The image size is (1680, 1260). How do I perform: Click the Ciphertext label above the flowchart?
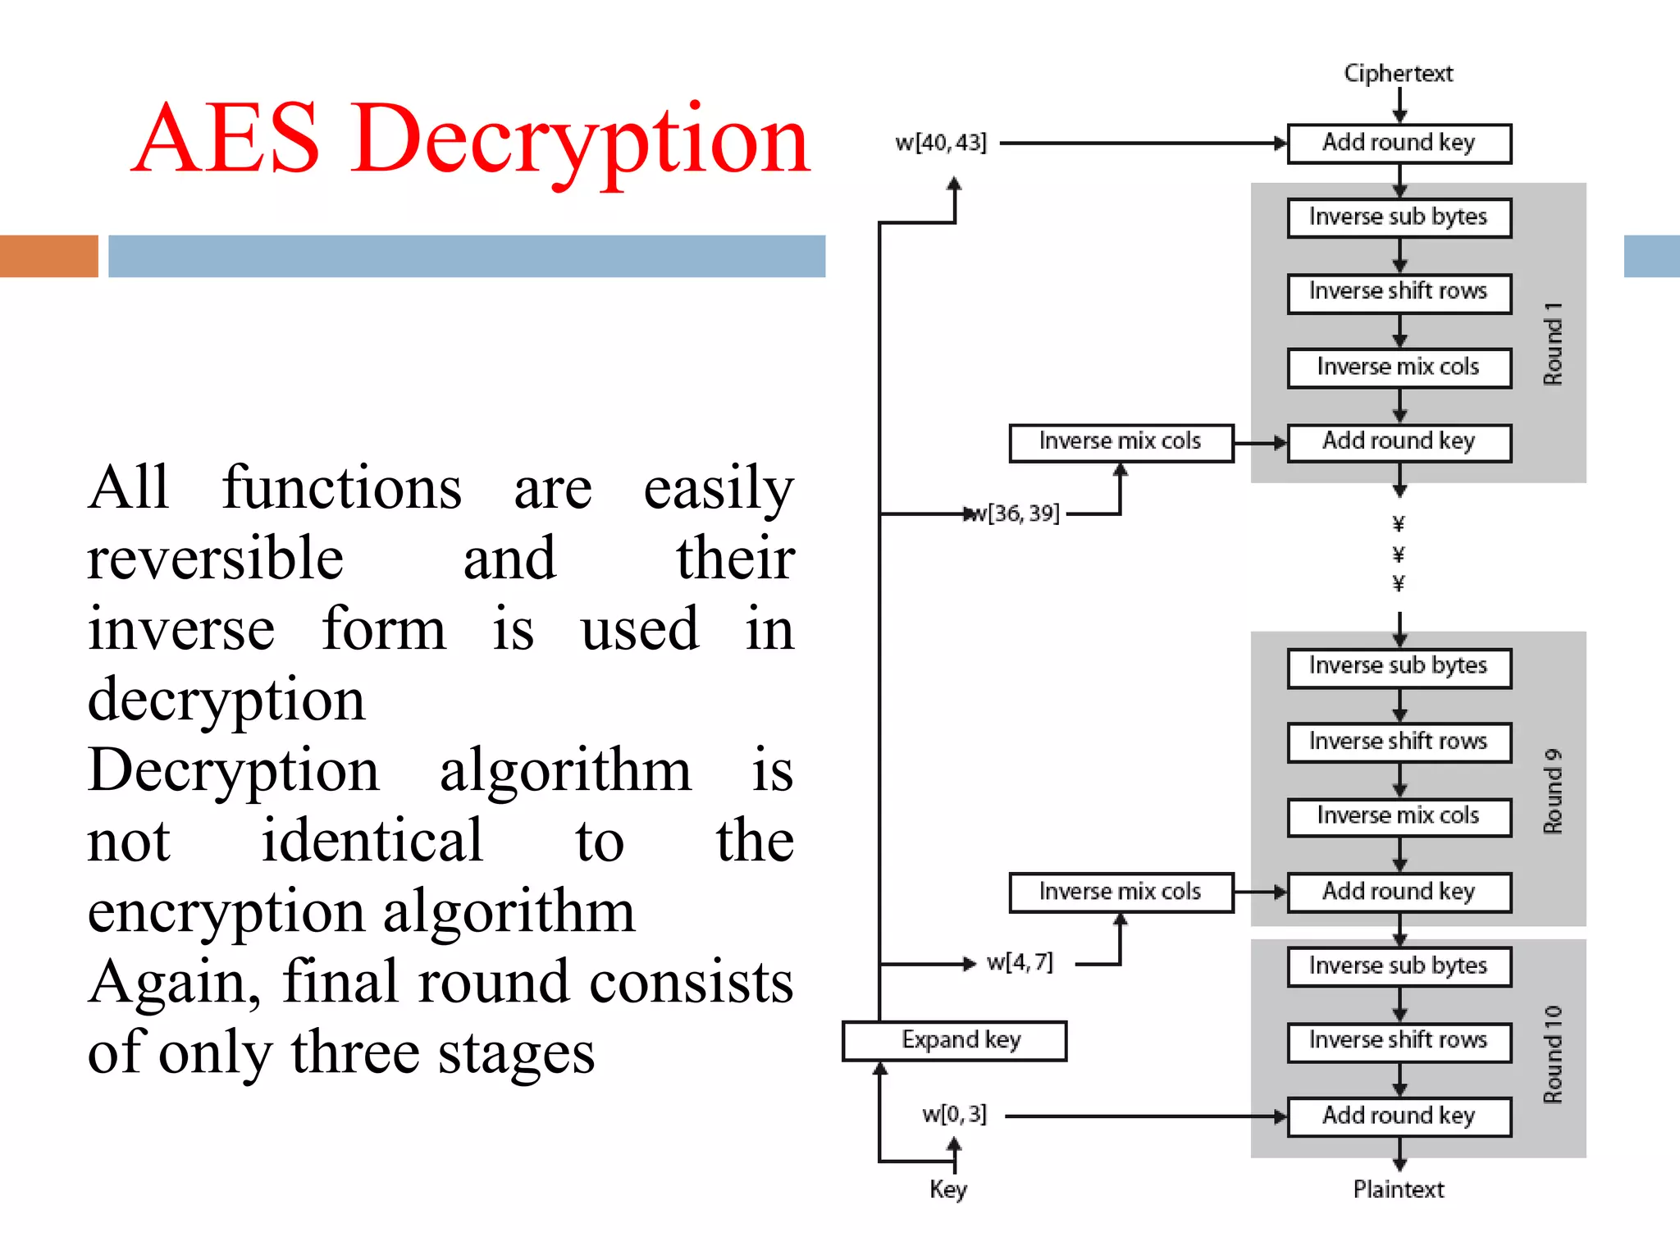pos(1398,73)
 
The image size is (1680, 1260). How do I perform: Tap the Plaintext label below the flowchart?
pos(1398,1189)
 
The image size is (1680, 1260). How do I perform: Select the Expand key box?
pos(955,1040)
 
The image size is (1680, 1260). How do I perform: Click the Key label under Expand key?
pos(947,1189)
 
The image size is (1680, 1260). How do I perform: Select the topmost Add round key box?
pos(1399,143)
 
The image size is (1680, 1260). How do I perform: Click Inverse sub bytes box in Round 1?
pos(1399,217)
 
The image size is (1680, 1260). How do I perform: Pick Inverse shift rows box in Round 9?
pos(1399,742)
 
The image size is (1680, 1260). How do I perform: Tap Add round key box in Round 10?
pos(1399,1116)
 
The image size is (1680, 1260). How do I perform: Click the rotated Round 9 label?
pos(1553,791)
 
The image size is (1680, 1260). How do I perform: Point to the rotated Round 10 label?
pos(1553,1053)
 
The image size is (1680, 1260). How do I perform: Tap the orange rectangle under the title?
pos(48,256)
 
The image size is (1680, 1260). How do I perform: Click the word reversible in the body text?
pos(215,559)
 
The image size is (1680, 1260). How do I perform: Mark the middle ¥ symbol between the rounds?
pos(1399,555)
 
